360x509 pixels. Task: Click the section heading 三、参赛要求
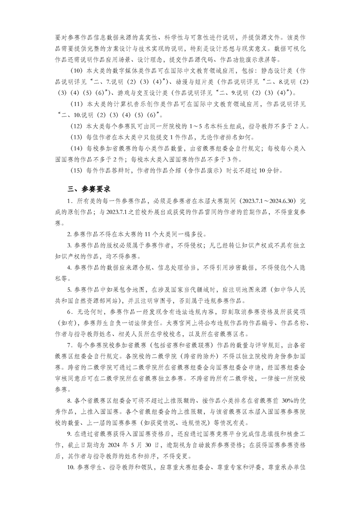(x=85, y=188)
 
